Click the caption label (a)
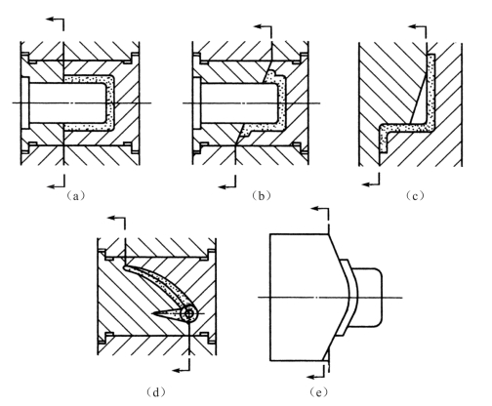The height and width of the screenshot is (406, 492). click(75, 195)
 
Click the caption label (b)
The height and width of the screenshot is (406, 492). click(262, 195)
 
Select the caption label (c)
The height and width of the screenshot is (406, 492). click(415, 195)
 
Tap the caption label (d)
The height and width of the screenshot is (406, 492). click(156, 392)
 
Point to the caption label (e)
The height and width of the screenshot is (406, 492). click(318, 392)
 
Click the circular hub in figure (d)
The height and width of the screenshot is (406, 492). click(189, 314)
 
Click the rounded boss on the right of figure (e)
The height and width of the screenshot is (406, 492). click(366, 298)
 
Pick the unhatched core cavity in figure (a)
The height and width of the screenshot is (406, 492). click(67, 102)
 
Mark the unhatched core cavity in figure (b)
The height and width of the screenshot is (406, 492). click(239, 102)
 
